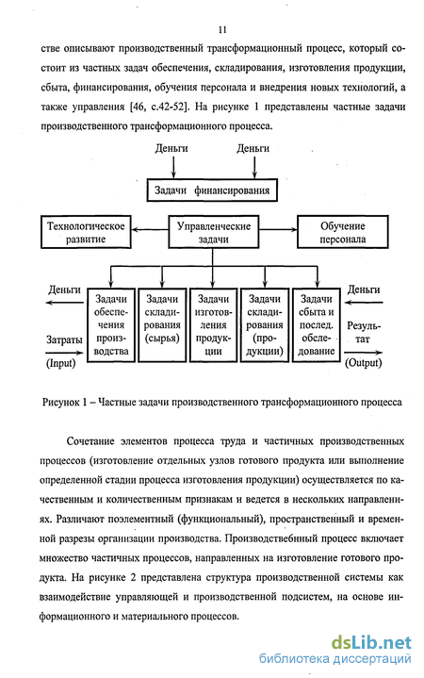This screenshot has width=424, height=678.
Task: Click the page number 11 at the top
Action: click(x=222, y=30)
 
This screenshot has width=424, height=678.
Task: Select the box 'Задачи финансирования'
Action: click(x=212, y=190)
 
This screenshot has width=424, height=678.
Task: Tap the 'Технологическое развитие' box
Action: click(x=86, y=232)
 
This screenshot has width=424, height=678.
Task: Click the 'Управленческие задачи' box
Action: click(x=214, y=232)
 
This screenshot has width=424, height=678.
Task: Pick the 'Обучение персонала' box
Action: click(x=343, y=232)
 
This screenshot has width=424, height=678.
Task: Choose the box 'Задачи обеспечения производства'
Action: click(x=111, y=324)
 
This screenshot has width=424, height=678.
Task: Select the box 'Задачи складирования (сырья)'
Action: click(x=162, y=324)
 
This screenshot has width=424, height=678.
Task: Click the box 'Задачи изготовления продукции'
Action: click(x=214, y=324)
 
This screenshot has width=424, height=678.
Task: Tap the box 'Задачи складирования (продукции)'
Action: click(x=265, y=324)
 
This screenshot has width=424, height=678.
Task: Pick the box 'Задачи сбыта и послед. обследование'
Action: click(x=317, y=324)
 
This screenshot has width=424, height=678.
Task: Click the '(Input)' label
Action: click(x=61, y=363)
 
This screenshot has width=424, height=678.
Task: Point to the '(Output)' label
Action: click(x=364, y=363)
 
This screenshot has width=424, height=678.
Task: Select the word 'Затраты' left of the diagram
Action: click(x=64, y=339)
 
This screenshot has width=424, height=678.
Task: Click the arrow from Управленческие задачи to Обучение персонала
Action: click(x=278, y=230)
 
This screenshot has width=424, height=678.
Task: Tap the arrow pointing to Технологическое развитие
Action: click(x=150, y=230)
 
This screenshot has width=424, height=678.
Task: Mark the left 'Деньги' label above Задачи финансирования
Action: click(x=171, y=148)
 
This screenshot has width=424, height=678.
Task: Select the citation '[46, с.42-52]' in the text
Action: click(x=160, y=107)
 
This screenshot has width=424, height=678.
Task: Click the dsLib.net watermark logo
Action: click(x=371, y=642)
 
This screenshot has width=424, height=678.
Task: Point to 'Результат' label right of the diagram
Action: click(x=364, y=333)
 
